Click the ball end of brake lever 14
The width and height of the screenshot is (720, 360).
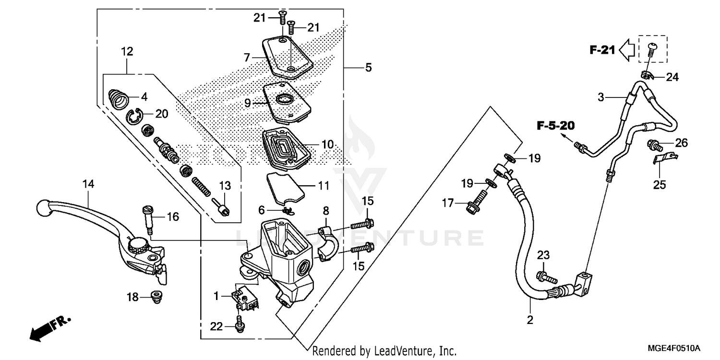coord(43,208)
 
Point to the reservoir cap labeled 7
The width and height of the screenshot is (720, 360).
coord(287,57)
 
